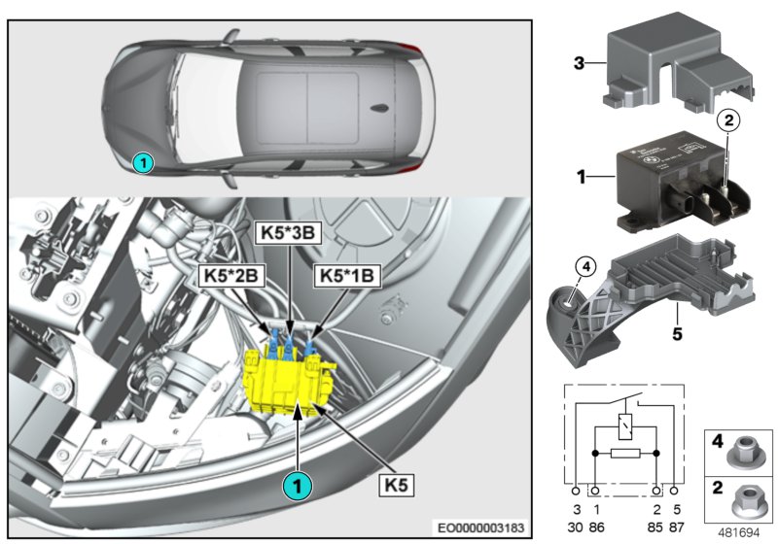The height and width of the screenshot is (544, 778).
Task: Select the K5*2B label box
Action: tap(229, 276)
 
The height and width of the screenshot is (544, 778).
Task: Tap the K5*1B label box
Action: tap(347, 276)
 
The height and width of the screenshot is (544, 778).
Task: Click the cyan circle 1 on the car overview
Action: tap(143, 163)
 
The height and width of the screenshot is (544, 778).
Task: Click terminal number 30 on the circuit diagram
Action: tap(577, 526)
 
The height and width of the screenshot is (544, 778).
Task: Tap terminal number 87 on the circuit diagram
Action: tap(678, 526)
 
